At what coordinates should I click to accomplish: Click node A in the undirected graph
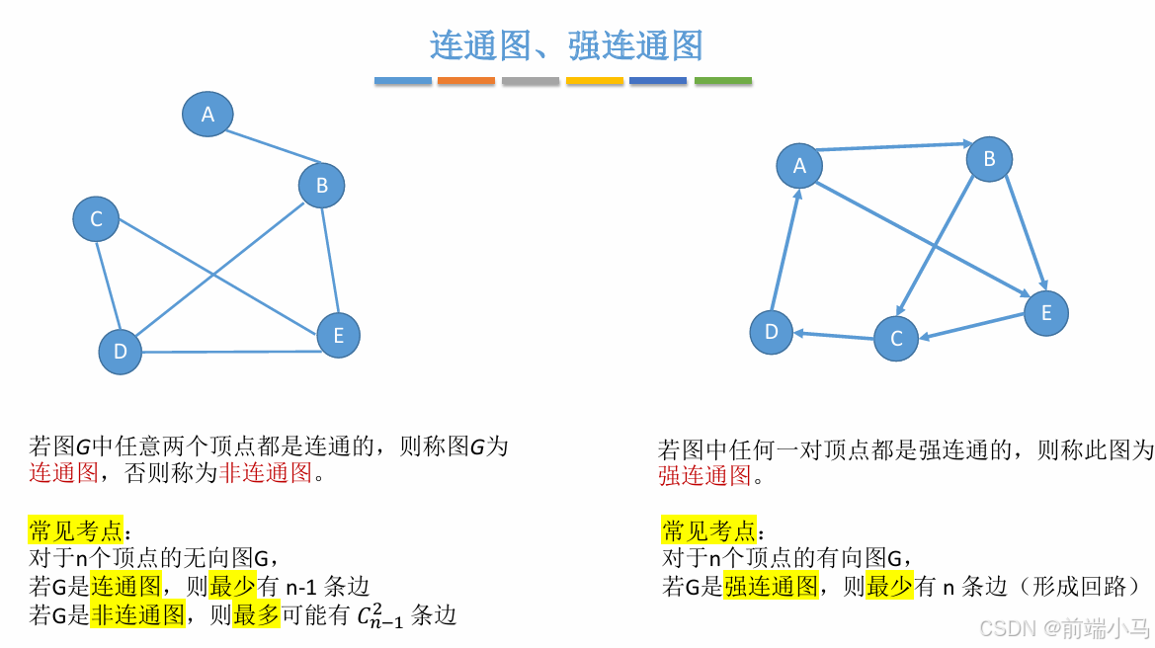[207, 115]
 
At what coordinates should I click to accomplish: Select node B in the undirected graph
[321, 185]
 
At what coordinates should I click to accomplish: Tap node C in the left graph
[96, 219]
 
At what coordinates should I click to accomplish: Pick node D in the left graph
[121, 352]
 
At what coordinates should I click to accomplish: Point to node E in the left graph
[338, 336]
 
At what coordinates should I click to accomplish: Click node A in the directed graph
[799, 166]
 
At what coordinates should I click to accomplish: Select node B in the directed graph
[989, 159]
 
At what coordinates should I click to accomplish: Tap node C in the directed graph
[896, 339]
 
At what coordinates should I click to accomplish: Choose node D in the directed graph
[772, 332]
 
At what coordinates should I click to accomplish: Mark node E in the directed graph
[1045, 313]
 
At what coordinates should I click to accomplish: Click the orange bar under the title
[466, 80]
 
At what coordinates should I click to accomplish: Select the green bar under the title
[723, 80]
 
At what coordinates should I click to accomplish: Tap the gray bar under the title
[531, 80]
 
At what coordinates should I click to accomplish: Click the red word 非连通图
[266, 473]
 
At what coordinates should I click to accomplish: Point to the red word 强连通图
[705, 476]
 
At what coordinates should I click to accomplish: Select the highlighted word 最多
[257, 616]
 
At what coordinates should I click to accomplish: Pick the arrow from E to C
[973, 327]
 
